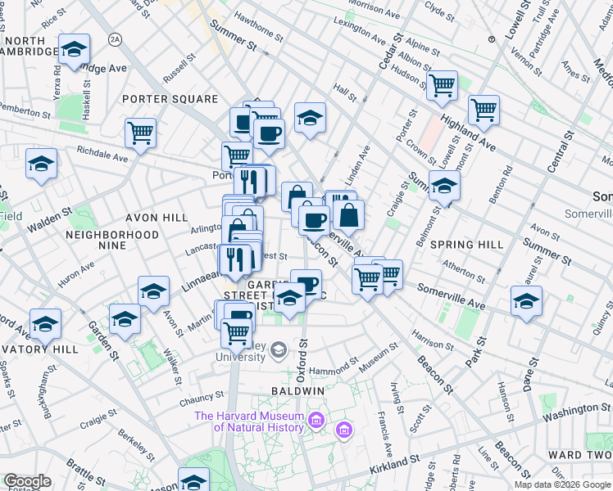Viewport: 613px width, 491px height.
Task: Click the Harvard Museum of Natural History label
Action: coord(248,421)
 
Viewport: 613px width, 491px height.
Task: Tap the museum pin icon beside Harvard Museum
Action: coord(343,428)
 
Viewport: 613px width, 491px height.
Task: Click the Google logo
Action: coord(26,481)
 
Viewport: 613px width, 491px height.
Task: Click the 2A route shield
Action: coord(116,38)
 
